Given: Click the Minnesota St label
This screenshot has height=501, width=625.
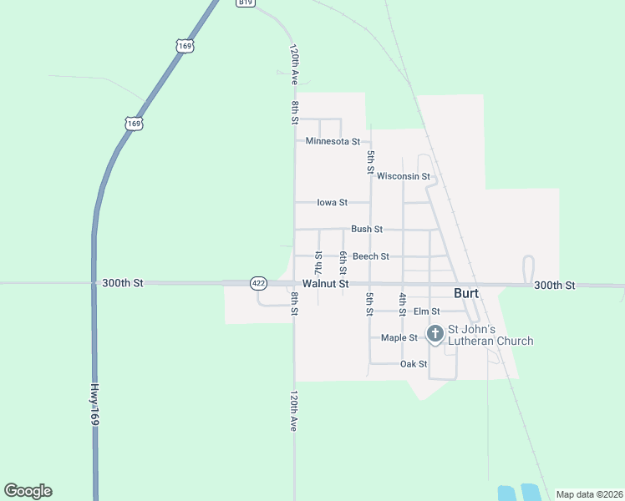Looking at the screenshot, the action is (333, 141).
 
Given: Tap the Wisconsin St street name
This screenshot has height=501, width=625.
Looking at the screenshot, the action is (403, 176).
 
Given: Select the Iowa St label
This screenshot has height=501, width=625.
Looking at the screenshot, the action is (332, 202).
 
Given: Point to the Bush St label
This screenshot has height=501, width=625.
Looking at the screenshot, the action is (367, 229).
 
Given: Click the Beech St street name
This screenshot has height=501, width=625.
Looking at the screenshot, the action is (370, 256).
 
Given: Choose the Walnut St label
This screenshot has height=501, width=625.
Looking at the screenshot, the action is (325, 284).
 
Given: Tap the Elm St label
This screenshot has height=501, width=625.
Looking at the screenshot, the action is (426, 311).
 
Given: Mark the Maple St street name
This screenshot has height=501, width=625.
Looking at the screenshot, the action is (399, 338).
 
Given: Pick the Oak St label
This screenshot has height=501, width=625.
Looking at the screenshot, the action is (414, 364).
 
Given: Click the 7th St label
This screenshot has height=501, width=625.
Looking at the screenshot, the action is (318, 262).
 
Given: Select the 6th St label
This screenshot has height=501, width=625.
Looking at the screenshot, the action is (343, 262).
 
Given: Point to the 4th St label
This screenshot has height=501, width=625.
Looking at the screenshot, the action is (403, 303).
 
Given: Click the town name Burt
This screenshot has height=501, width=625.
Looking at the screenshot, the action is (466, 293).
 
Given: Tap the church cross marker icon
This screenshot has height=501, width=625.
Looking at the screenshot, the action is (434, 334).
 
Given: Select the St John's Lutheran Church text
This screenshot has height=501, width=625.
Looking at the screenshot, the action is (490, 335).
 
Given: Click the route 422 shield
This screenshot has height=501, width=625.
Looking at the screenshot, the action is (258, 284).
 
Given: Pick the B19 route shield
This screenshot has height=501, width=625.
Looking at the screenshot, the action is (245, 3).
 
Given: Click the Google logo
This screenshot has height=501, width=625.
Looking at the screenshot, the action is (28, 491).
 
